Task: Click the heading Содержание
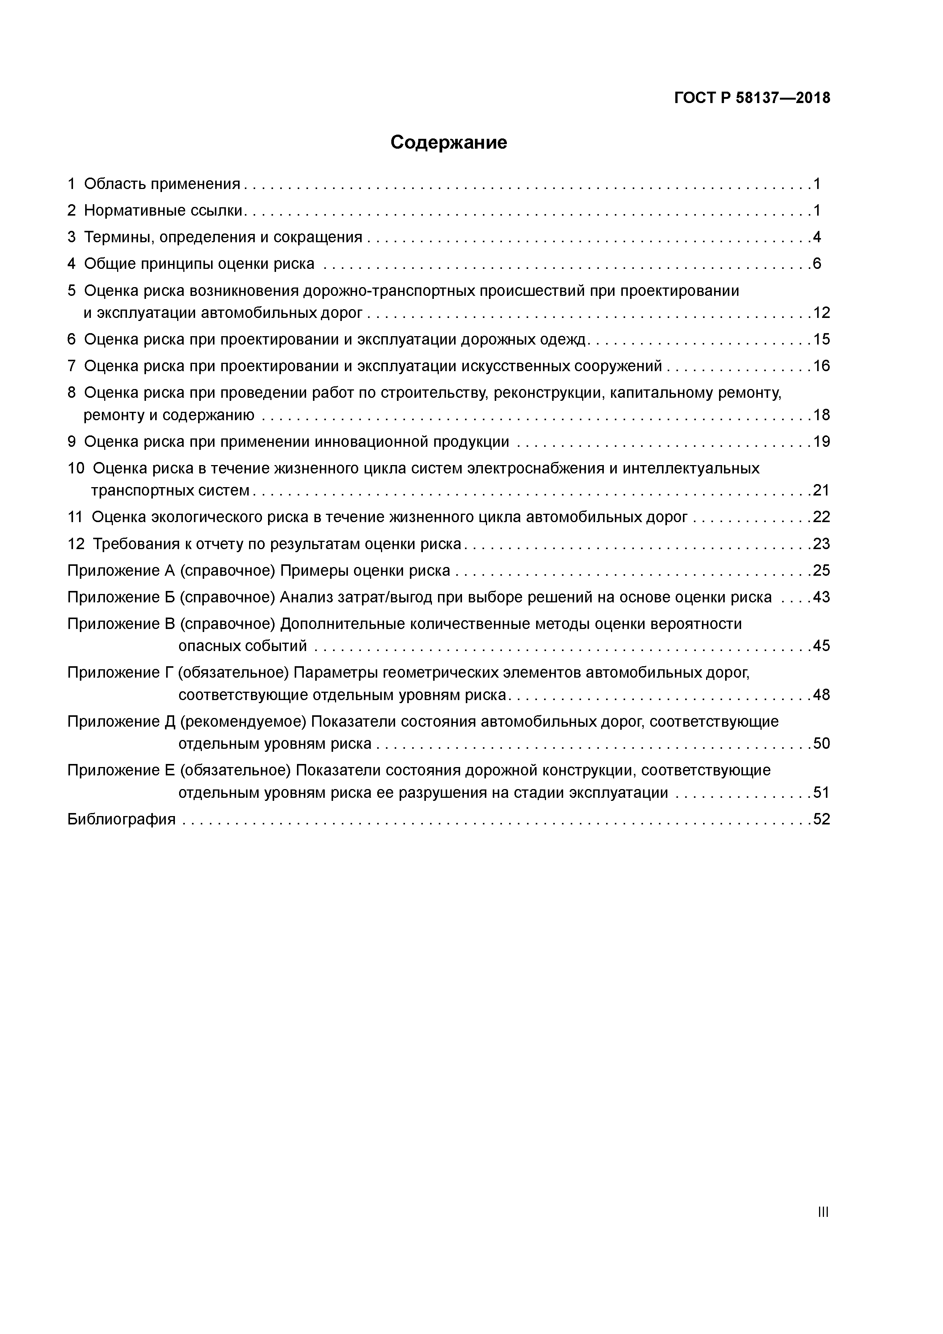click(x=449, y=142)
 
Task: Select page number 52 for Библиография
click(x=822, y=819)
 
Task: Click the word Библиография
click(x=121, y=819)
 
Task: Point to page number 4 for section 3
click(x=817, y=237)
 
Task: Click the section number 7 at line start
click(x=71, y=366)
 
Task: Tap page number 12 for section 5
click(x=822, y=313)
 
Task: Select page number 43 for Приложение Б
click(x=822, y=597)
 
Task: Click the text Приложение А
click(x=121, y=570)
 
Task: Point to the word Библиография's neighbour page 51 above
click(x=822, y=792)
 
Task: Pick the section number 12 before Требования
click(x=76, y=544)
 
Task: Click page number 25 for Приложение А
click(x=822, y=570)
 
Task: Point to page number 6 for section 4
click(x=817, y=264)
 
